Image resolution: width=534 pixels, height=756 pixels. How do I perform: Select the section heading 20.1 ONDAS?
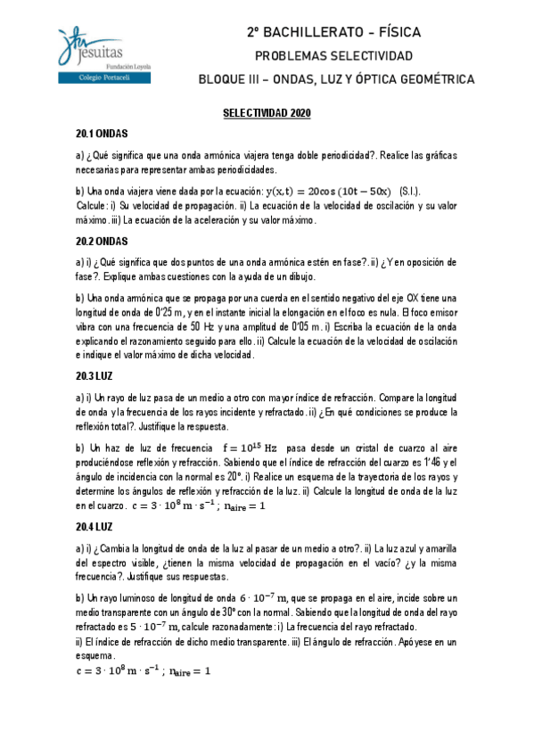pyautogui.click(x=103, y=134)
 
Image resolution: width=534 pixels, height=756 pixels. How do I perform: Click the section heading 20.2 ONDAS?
pyautogui.click(x=103, y=242)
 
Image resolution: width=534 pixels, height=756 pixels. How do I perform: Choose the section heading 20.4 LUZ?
pyautogui.click(x=95, y=527)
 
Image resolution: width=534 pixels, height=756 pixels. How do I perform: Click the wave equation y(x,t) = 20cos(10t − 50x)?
pyautogui.click(x=328, y=192)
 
